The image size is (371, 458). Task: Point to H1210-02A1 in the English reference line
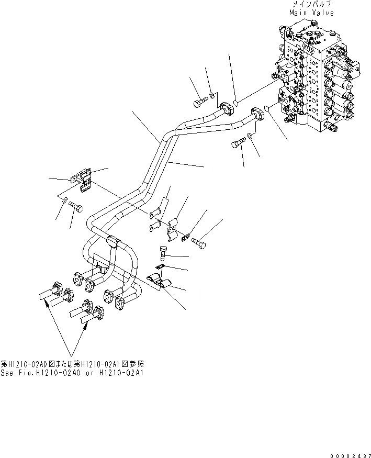point(123,373)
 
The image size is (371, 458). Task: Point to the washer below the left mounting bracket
point(64,201)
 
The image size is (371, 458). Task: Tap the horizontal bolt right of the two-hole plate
point(198,242)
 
